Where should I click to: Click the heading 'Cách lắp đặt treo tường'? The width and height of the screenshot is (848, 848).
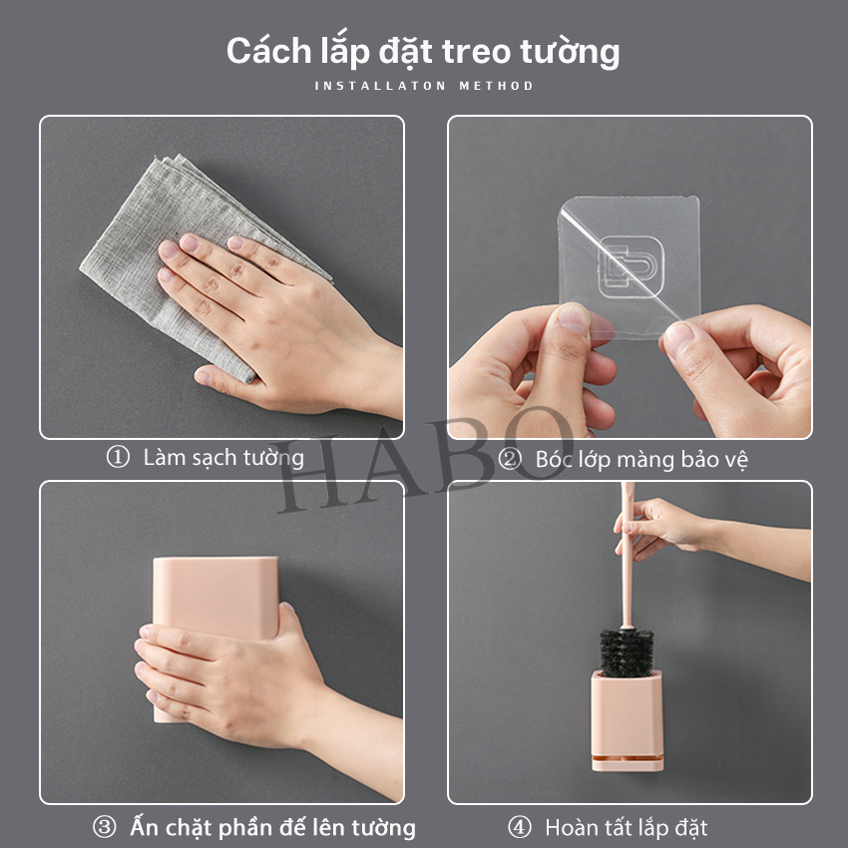click(x=423, y=53)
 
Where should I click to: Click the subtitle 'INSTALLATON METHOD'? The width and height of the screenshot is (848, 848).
click(x=424, y=86)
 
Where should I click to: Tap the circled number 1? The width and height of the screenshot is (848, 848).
click(x=118, y=457)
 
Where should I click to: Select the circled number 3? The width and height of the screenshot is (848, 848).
click(x=104, y=827)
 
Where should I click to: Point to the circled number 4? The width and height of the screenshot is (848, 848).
click(x=519, y=827)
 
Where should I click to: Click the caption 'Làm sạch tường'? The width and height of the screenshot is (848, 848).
click(x=223, y=458)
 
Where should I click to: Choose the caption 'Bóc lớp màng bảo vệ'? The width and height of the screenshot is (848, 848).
click(x=641, y=460)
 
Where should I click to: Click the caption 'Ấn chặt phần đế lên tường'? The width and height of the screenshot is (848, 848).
click(x=273, y=827)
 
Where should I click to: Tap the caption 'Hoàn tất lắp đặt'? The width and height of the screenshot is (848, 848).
click(x=627, y=827)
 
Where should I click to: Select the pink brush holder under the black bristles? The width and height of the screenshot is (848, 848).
click(x=627, y=719)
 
